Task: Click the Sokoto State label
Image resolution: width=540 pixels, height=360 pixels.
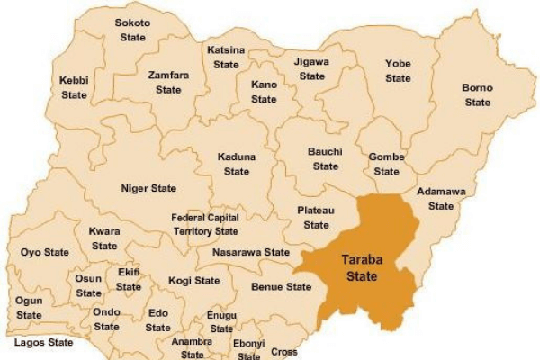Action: pos(133,29)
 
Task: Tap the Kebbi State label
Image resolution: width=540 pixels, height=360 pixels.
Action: pos(74,87)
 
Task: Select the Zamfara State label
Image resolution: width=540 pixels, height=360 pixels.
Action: pos(167,83)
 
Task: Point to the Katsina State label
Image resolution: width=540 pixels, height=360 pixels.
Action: pos(226,58)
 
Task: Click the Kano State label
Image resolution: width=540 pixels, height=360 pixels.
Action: pos(264,91)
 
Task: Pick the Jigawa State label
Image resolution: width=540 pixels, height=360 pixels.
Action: pos(312,69)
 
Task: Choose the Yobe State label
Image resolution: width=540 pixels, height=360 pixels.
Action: pos(398,71)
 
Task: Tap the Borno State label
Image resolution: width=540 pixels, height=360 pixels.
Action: pos(477,95)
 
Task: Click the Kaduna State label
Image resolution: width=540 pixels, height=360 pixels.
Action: pos(237,164)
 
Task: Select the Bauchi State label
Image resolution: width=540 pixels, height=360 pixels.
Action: pos(325,159)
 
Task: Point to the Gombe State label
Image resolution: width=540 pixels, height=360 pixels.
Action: pos(386,164)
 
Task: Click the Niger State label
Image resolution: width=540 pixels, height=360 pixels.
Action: pos(148,189)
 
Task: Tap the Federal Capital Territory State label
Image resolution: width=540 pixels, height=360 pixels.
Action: pos(205,225)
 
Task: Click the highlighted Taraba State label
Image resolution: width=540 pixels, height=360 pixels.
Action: pos(359,267)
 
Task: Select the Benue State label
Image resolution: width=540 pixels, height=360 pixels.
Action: pos(280,287)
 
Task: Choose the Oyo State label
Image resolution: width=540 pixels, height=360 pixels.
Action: pos(45,252)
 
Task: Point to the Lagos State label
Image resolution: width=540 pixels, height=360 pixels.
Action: pos(43,343)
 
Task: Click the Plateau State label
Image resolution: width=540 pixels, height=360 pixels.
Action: pos(316,217)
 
